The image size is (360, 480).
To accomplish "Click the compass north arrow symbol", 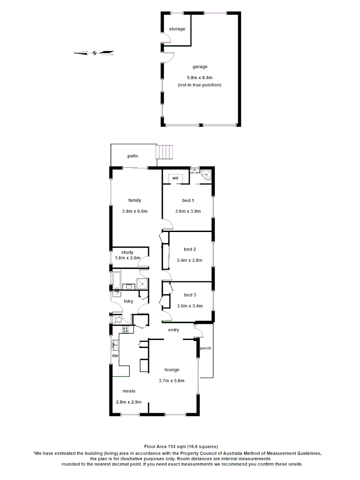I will point(94,53).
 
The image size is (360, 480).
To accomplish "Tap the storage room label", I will point(177,29).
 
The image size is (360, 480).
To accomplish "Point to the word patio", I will point(132,156).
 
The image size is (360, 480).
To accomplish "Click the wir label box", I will point(176,178).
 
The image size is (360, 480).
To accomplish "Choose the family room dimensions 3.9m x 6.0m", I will point(135,211).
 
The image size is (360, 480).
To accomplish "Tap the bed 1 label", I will point(188,200).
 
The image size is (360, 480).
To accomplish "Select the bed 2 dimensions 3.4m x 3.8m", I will point(190,260).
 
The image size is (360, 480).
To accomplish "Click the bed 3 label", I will point(190,295).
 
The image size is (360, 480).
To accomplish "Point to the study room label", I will point(127,252).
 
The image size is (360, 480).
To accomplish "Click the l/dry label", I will point(128,302).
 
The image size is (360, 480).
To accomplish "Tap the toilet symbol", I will point(118,320).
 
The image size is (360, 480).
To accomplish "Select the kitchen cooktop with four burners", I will point(126,330).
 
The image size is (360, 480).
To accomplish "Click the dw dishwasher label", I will point(115,356).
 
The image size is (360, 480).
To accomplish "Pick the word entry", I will point(173,330).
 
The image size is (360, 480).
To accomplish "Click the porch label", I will point(205,348).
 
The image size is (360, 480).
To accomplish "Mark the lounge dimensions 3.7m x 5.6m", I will point(172,380).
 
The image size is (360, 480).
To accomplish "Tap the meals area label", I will point(129,391).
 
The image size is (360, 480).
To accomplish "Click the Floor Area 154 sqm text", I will point(180,446).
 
